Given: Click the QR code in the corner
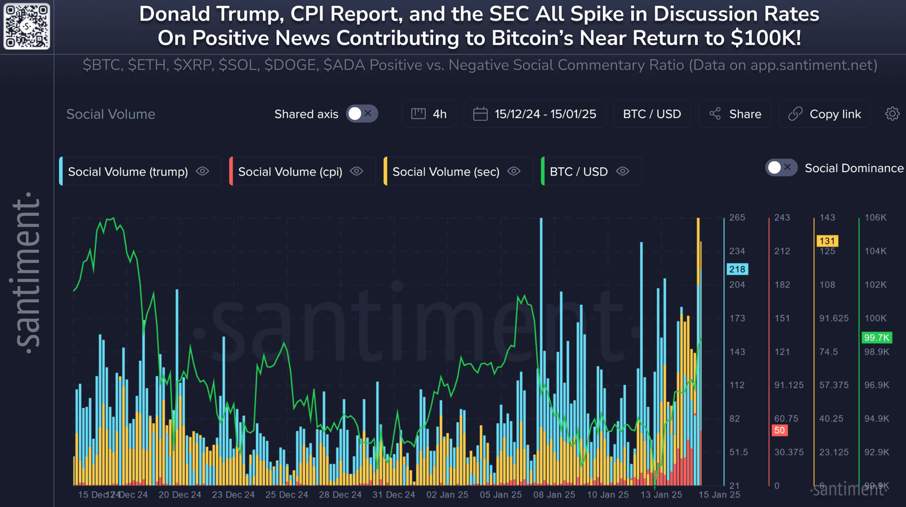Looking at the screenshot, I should pyautogui.click(x=27, y=27).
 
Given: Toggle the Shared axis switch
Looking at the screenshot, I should pyautogui.click(x=362, y=114).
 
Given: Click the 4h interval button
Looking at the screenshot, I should pyautogui.click(x=429, y=114).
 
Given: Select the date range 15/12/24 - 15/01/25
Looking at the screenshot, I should pyautogui.click(x=535, y=114).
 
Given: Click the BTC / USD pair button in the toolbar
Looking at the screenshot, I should pyautogui.click(x=652, y=114).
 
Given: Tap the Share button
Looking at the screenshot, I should pyautogui.click(x=735, y=114).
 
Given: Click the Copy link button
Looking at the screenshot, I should pyautogui.click(x=825, y=114).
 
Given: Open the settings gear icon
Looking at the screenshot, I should pyautogui.click(x=892, y=114).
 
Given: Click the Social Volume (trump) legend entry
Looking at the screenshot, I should pyautogui.click(x=128, y=172).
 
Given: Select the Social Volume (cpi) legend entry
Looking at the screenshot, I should pyautogui.click(x=290, y=172).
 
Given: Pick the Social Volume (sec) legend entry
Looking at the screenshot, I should pyautogui.click(x=446, y=172).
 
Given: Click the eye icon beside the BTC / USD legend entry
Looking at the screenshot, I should pyautogui.click(x=623, y=172).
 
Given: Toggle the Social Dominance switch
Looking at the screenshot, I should pyautogui.click(x=781, y=168).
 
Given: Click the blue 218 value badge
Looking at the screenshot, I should pyautogui.click(x=737, y=269).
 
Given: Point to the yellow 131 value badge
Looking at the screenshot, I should pyautogui.click(x=828, y=241).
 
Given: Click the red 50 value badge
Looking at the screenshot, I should pyautogui.click(x=780, y=430).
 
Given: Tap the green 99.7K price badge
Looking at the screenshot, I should pyautogui.click(x=877, y=338).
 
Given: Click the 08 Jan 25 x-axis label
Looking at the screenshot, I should pyautogui.click(x=554, y=495).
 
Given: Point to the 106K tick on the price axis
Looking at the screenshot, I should pyautogui.click(x=875, y=218).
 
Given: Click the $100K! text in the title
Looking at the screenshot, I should pyautogui.click(x=766, y=38).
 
